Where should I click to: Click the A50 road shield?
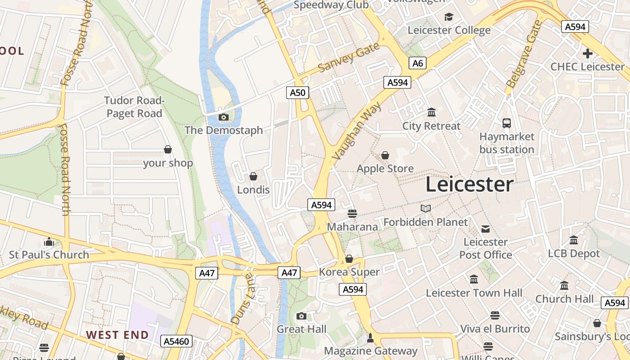pos(297,93)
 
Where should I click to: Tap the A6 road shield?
pos(418,63)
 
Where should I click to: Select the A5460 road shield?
pos(177,341)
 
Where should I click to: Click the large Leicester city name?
pos(469,184)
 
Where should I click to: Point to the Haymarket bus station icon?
pos(507,123)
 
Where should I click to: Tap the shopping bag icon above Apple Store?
pos(385,155)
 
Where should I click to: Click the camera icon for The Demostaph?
pos(223,117)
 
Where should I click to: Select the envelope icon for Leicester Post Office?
pos(486,229)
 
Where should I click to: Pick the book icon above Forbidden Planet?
pos(425,208)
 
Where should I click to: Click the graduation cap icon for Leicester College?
pos(449,17)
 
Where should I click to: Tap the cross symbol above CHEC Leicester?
pos(587,54)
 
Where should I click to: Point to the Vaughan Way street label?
pos(357,131)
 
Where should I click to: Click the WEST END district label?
pos(117,335)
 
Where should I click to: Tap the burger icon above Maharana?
pos(352,213)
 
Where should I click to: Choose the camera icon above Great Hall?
pos(301,316)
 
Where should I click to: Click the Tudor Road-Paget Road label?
pos(135,107)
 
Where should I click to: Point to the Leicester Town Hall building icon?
pos(473,279)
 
